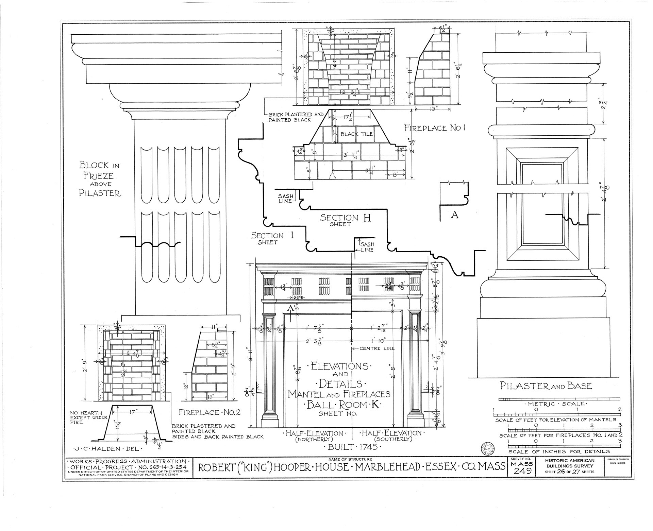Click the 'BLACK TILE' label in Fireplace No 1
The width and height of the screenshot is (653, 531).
357,134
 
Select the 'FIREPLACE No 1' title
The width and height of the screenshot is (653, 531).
434,128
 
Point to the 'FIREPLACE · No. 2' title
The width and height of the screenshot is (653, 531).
210,412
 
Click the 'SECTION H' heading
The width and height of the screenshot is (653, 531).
345,218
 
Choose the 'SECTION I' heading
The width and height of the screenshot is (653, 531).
272,235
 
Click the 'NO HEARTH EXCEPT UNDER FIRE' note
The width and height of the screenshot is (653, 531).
89,417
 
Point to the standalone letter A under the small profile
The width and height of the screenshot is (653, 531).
454,215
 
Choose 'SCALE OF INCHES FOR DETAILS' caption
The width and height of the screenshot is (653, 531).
559,451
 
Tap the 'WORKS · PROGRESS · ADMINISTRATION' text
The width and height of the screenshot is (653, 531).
128,461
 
